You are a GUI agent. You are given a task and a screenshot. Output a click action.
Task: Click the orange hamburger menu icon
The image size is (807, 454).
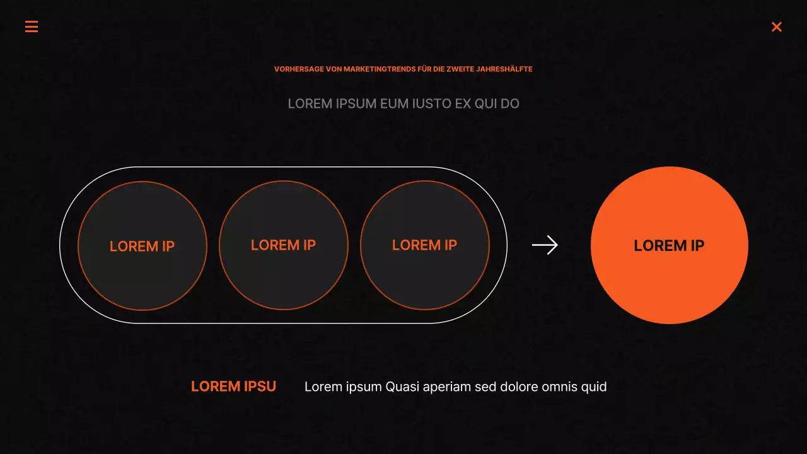pos(32,26)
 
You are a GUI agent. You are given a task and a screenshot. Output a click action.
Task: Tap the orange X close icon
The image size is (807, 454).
pos(777,26)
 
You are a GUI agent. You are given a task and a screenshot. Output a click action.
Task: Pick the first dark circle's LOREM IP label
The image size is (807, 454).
pos(142,247)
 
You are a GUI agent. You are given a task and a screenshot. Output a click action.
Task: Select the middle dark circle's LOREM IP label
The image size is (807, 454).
pos(283,245)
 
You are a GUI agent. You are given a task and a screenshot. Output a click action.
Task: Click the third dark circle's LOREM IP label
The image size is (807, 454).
pos(424,245)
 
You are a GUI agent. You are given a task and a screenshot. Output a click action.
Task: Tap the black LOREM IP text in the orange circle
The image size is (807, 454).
pos(669,246)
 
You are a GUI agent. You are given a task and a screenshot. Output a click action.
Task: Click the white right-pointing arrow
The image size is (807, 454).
pos(545,245)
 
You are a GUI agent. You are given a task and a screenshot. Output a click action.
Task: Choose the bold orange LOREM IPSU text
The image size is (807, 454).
pos(233,387)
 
